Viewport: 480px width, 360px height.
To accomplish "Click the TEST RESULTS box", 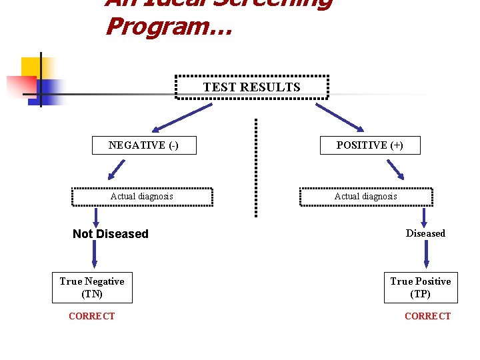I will point(252,87).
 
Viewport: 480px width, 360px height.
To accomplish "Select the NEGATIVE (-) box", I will point(144,145).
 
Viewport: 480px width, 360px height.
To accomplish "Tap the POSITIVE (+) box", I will point(369,145).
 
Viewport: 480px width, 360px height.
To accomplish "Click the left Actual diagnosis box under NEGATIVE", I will point(142,197).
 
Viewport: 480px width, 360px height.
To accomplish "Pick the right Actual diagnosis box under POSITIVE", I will point(366,197).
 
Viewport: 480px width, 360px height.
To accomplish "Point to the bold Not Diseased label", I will point(111,234).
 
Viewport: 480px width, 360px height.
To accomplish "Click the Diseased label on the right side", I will point(425,233).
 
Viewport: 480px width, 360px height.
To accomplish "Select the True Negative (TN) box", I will point(92,287).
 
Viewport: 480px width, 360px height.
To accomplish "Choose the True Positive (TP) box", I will point(420,287).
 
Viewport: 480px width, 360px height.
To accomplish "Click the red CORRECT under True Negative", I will point(92,316).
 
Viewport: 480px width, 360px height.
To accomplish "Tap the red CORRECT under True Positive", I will point(427,316).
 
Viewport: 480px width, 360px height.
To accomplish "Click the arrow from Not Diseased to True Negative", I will point(94,255).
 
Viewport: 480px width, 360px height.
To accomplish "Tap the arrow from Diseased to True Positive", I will point(427,255).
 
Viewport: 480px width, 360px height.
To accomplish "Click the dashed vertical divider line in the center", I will point(255,167).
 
